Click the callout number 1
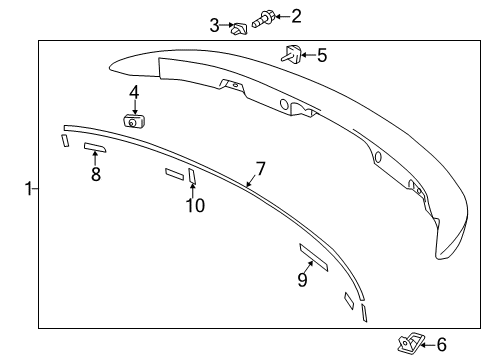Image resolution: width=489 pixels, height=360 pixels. (x=29, y=187)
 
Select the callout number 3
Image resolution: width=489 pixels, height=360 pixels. (x=214, y=25)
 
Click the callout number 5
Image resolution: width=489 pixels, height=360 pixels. (x=321, y=55)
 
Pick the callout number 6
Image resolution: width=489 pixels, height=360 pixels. (x=441, y=345)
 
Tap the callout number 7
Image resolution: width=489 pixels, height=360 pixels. (x=260, y=169)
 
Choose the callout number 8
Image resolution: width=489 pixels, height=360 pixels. (x=96, y=174)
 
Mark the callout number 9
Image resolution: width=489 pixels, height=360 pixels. (x=302, y=280)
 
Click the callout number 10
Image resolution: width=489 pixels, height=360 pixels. (x=194, y=205)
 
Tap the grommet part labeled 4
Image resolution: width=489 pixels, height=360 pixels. (x=133, y=121)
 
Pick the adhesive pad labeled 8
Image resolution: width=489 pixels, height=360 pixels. (x=95, y=148)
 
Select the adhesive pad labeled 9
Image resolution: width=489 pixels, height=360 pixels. (x=314, y=256)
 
